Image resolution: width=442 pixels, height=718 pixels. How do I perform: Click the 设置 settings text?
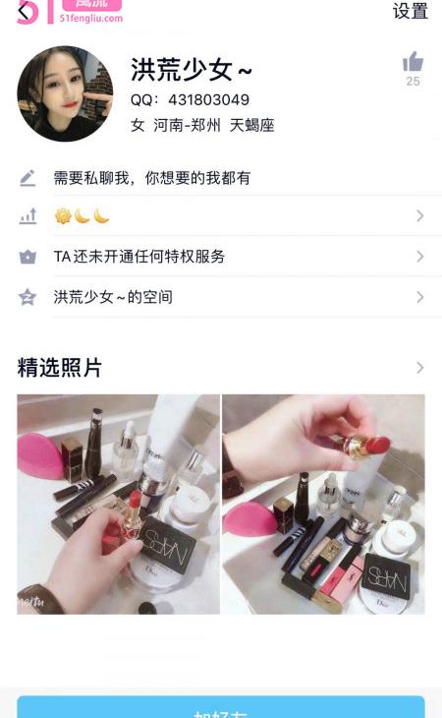(410, 11)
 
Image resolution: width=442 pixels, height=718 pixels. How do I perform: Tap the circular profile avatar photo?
(65, 93)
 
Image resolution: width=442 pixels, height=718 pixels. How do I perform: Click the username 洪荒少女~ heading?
(192, 70)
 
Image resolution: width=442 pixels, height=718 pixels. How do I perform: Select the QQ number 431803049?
(208, 100)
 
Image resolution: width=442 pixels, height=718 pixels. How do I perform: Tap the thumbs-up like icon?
(413, 62)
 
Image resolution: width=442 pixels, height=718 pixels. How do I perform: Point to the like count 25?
(413, 82)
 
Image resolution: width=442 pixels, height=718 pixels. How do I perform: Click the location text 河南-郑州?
(187, 126)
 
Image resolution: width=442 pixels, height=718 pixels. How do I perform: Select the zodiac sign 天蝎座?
(251, 126)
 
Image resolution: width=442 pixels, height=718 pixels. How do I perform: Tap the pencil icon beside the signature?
(28, 178)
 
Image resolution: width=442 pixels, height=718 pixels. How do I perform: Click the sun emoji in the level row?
(63, 216)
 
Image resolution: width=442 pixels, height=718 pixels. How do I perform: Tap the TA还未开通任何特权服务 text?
(138, 257)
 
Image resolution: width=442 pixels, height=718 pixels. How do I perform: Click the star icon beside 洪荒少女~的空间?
(28, 297)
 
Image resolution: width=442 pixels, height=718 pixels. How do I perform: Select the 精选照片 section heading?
(60, 368)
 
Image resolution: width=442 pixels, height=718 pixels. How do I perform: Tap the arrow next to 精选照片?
(420, 368)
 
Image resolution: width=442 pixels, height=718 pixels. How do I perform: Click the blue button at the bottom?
(220, 707)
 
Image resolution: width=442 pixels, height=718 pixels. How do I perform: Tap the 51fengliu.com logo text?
(91, 18)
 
